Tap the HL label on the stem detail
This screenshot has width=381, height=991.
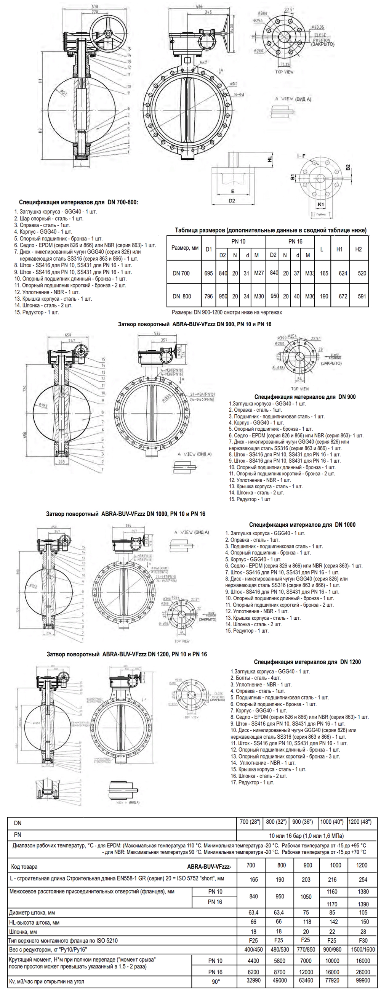[270, 158]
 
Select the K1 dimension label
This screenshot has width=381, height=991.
[321, 204]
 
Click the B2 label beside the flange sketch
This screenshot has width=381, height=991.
[348, 167]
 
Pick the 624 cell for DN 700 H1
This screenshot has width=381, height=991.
[343, 273]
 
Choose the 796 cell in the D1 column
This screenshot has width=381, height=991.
[208, 296]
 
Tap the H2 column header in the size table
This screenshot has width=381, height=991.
[358, 249]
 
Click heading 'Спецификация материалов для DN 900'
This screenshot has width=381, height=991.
[305, 397]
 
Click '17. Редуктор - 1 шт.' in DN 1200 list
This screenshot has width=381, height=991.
[253, 783]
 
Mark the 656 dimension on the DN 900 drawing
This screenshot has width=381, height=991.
[25, 435]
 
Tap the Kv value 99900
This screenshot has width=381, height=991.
[363, 981]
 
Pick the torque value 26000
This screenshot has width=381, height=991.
[363, 972]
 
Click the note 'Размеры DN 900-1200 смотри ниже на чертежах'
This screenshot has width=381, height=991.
[226, 312]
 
